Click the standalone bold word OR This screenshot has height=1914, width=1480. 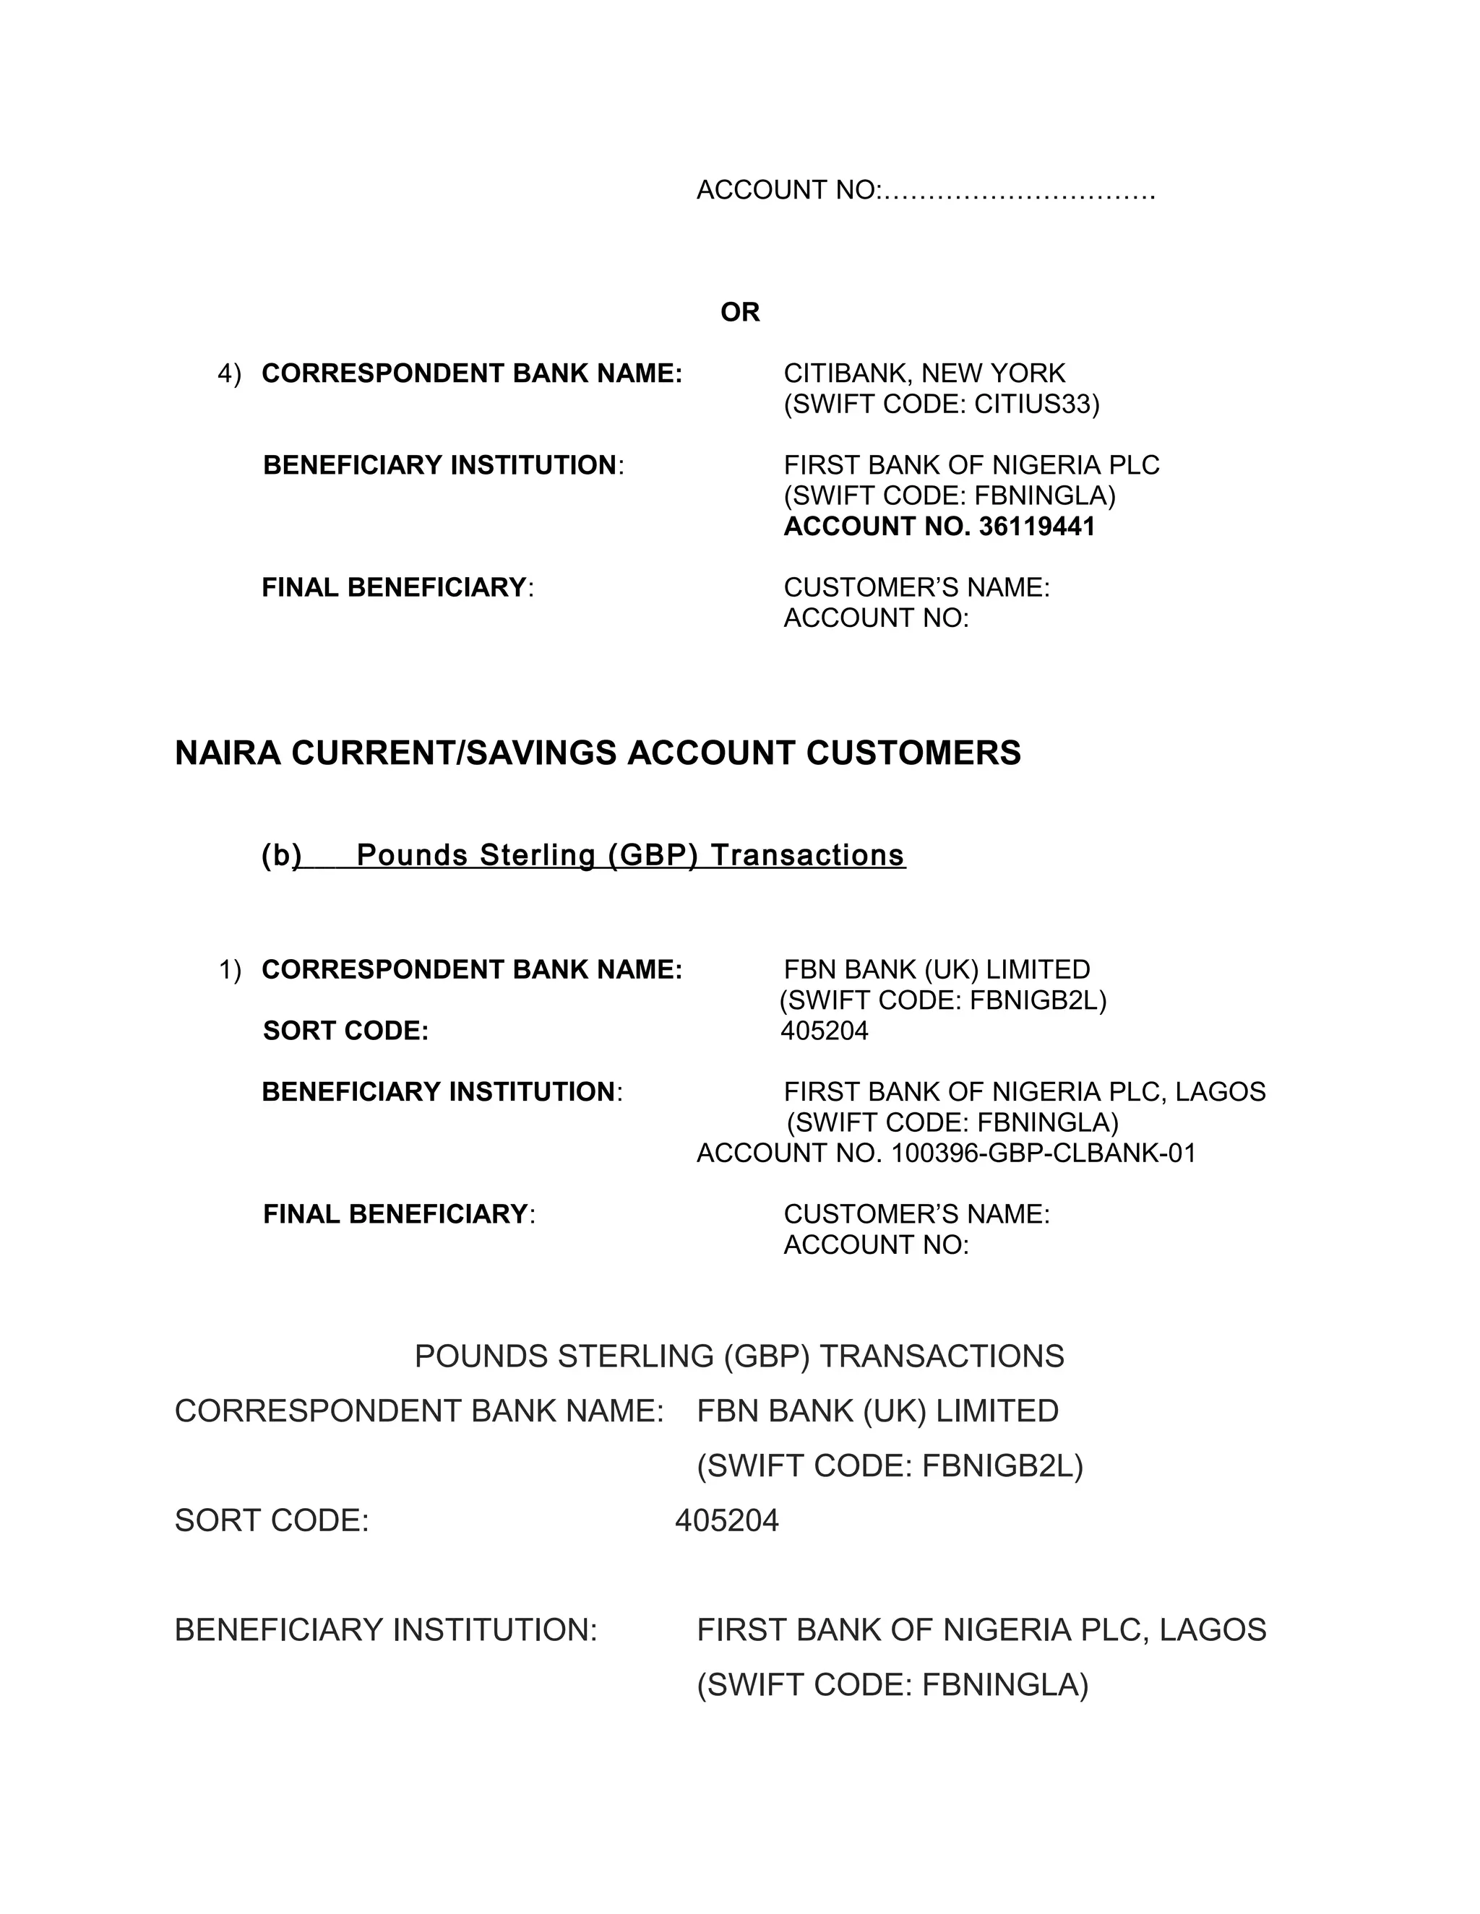pyautogui.click(x=739, y=312)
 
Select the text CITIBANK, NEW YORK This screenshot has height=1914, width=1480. pyautogui.click(x=924, y=373)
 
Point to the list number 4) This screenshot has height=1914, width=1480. pyautogui.click(x=229, y=374)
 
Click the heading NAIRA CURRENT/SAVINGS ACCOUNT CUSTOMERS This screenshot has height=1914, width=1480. pyautogui.click(x=597, y=753)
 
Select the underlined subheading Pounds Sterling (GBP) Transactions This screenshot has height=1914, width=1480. pyautogui.click(x=630, y=854)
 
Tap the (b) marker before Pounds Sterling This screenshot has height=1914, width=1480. pyautogui.click(x=280, y=854)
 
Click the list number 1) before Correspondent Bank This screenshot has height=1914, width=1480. pyautogui.click(x=229, y=970)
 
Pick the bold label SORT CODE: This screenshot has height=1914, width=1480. pyautogui.click(x=345, y=1031)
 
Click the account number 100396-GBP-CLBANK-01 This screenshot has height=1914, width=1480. pyautogui.click(x=1044, y=1153)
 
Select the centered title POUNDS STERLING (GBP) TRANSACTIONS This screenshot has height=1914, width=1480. pyautogui.click(x=739, y=1356)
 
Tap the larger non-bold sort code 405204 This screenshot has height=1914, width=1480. pyautogui.click(x=727, y=1520)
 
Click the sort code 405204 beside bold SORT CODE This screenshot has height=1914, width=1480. pyautogui.click(x=824, y=1031)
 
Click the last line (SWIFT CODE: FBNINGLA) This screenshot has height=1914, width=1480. pyautogui.click(x=892, y=1685)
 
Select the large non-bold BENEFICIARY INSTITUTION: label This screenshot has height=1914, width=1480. pyautogui.click(x=385, y=1630)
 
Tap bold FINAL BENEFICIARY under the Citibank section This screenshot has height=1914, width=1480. pyautogui.click(x=394, y=587)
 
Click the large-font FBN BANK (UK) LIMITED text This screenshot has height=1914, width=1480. pyautogui.click(x=877, y=1411)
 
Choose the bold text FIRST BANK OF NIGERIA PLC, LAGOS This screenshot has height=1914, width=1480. pyautogui.click(x=1024, y=1092)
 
